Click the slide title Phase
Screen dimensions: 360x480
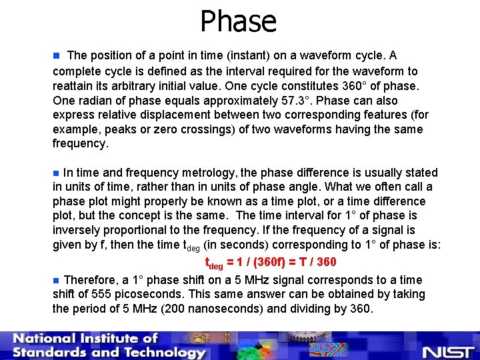point(239,21)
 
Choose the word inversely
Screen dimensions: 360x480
point(76,231)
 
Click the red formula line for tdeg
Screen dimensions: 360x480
point(270,262)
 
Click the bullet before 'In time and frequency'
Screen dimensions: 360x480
point(57,173)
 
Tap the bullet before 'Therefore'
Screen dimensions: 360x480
point(57,280)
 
